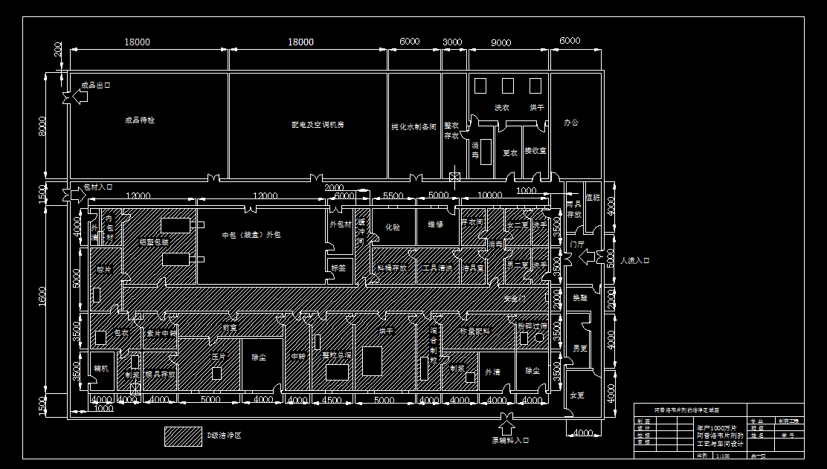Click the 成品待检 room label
click(x=140, y=120)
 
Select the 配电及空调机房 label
click(x=318, y=125)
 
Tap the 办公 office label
click(x=570, y=123)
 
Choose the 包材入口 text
click(x=97, y=187)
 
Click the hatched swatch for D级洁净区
click(x=183, y=436)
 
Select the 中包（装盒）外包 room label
click(x=252, y=235)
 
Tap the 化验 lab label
click(x=392, y=227)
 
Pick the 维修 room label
click(x=435, y=224)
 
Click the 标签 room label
click(x=338, y=268)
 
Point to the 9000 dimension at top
click(x=501, y=42)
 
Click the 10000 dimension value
click(x=489, y=195)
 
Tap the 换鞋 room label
click(x=579, y=297)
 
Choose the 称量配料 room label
click(x=474, y=331)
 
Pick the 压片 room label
click(x=218, y=357)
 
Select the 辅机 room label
click(x=101, y=368)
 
